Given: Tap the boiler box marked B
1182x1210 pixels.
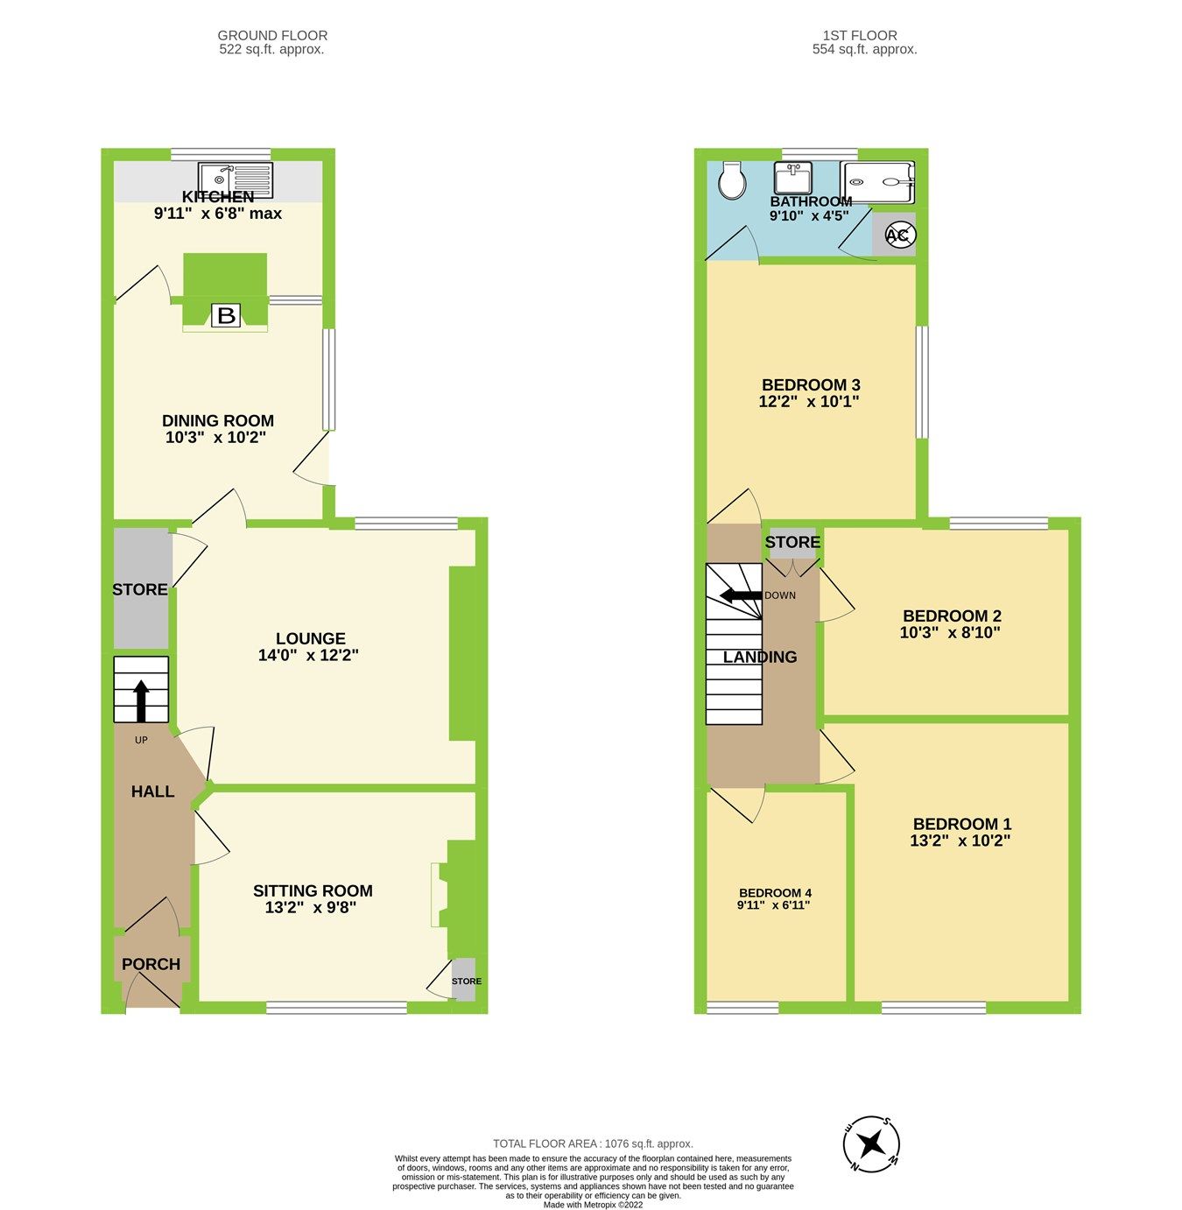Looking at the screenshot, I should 226,315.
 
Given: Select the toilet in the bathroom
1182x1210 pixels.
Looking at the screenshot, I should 731,180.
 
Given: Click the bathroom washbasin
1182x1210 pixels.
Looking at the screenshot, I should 793,178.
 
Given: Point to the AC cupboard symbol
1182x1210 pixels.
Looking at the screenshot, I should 898,235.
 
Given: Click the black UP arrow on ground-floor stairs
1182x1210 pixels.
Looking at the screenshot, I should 141,700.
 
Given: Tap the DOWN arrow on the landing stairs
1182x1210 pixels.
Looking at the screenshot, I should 737,596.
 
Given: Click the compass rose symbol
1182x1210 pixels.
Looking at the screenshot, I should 871,1143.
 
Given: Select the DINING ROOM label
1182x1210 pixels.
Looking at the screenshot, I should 218,421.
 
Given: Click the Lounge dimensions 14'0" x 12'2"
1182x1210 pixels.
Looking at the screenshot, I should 308,655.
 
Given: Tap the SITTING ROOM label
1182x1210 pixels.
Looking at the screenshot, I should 313,890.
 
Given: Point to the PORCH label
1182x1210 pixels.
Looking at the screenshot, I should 151,964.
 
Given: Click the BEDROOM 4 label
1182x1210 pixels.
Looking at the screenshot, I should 774,893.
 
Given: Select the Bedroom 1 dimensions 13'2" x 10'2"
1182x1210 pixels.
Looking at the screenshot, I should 960,841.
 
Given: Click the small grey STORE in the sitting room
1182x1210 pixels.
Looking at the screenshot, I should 465,981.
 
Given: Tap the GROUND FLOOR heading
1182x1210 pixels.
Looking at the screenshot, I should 272,36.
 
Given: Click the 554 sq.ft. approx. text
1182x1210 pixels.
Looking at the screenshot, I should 864,50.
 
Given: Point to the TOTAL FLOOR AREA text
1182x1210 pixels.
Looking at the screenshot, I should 593,1143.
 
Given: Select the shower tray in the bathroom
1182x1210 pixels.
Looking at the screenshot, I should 877,182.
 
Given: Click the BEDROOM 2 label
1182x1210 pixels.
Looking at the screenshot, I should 952,616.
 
